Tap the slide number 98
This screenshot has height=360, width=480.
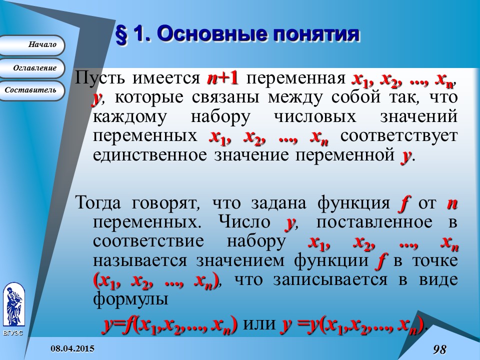click(439, 349)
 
